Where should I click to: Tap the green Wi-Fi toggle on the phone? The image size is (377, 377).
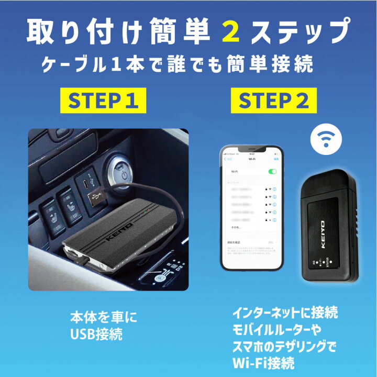[272, 171]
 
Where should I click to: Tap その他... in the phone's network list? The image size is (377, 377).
[236, 228]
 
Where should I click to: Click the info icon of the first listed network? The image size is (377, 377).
[275, 189]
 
